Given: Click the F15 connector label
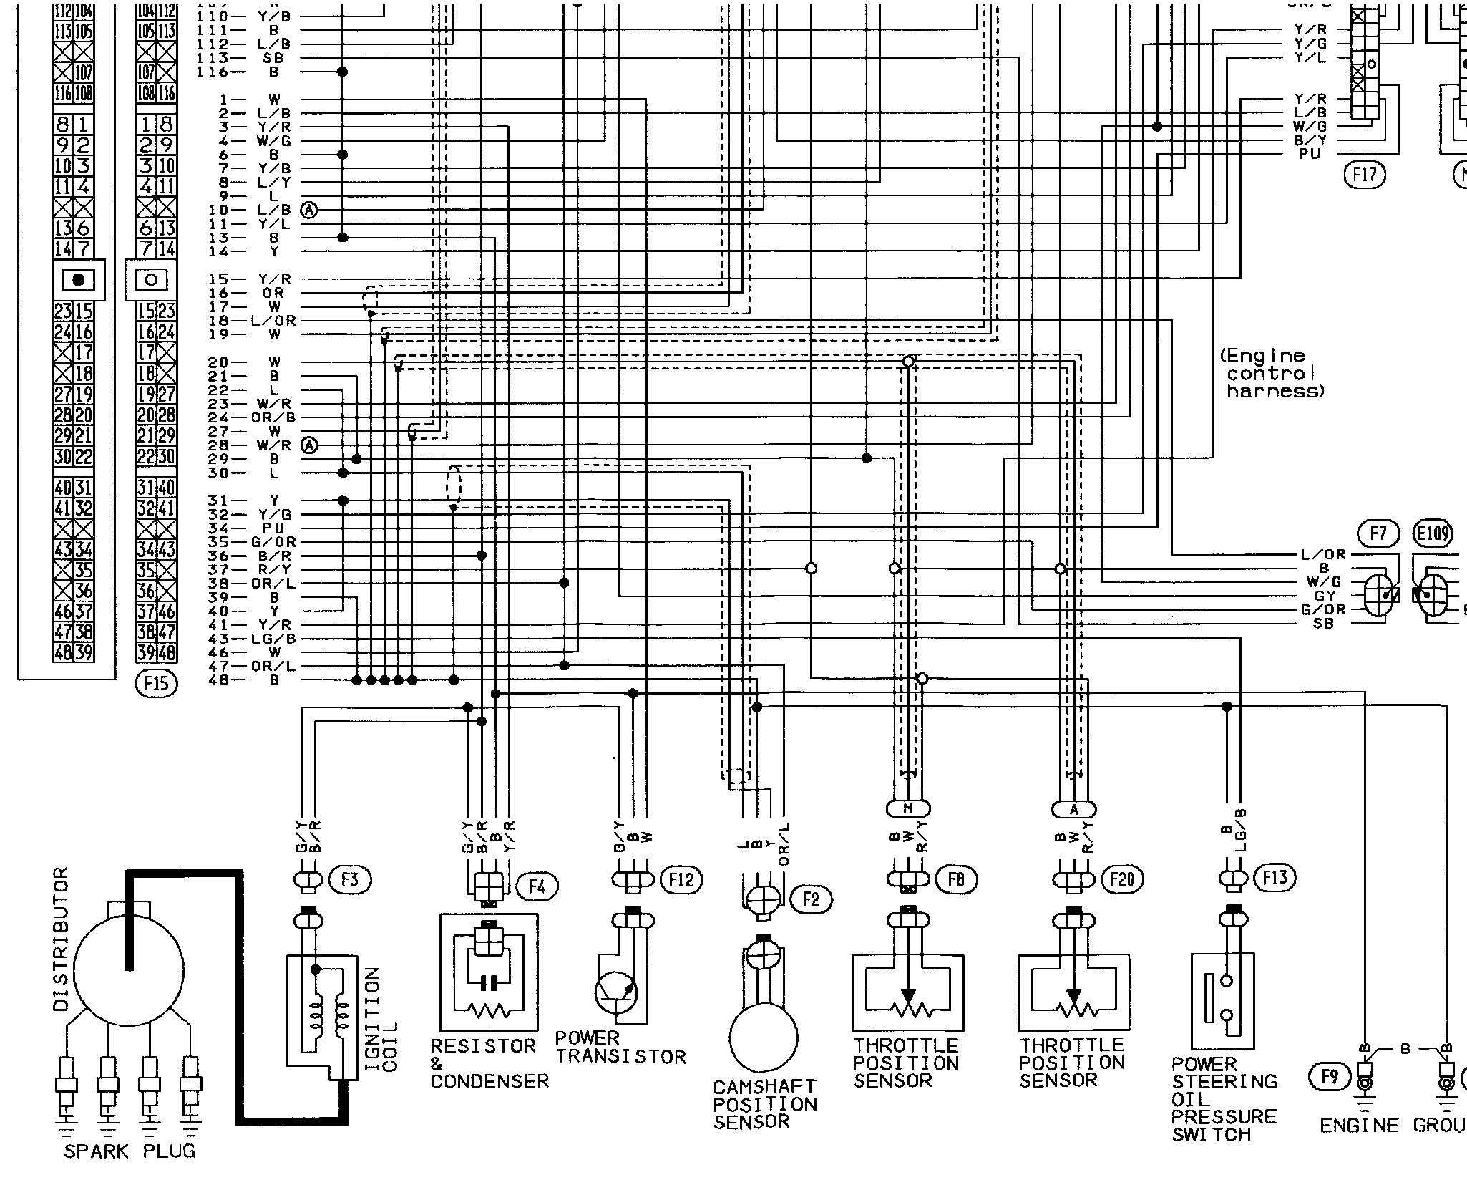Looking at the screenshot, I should (156, 683).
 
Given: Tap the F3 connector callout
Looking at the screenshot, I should (349, 879).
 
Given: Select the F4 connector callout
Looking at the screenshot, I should (536, 887).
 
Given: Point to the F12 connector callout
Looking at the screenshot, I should (681, 879).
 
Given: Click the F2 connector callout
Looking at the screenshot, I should (810, 899).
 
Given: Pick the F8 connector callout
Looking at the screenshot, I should (955, 879).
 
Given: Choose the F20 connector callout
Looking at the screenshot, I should (1121, 879).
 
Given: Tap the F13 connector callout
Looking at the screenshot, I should (1275, 877).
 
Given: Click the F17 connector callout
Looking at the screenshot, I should (1364, 174).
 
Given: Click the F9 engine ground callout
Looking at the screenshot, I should (1329, 1076).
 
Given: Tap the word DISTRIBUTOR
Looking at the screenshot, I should (62, 939).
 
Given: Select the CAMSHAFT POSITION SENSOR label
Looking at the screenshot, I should (764, 1105).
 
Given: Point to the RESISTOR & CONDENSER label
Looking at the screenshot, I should (489, 1063).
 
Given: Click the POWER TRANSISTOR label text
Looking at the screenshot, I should (620, 1048).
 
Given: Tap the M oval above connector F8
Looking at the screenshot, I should (908, 808).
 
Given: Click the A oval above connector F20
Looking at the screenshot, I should (1073, 809).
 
